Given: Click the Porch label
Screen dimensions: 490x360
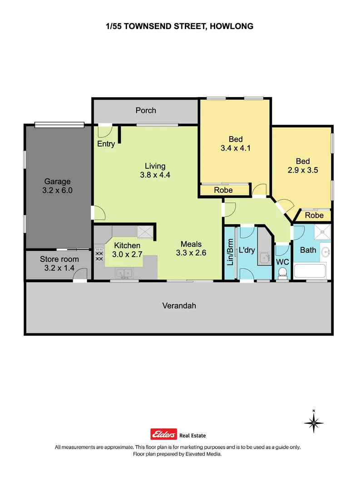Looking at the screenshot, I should pos(146,110).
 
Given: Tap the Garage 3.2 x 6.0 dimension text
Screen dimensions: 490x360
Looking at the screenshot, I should pos(57,191).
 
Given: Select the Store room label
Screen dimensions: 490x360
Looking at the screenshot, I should pos(59,259).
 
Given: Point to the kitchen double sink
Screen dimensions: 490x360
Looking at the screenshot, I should pos(123,273).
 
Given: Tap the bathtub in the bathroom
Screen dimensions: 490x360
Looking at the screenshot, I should pos(311,271).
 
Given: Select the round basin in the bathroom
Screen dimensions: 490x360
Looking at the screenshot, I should pos(325,251).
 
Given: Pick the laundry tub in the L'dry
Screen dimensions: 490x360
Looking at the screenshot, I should pos(264,259).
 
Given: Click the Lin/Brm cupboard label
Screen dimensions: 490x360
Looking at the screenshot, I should pos(230,252).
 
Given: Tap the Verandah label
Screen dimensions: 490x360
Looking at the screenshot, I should pos(179,306).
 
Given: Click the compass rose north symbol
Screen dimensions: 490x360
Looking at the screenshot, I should pos(313,423).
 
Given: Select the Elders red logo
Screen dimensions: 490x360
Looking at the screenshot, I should pos(163,434).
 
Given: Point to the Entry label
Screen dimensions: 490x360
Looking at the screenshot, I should pos(106,144).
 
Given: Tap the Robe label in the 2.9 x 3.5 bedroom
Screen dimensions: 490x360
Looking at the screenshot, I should pos(314,216).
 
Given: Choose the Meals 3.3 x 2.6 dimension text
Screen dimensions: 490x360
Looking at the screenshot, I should pos(191,253).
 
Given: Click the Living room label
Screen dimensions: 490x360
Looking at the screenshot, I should pos(155,166).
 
